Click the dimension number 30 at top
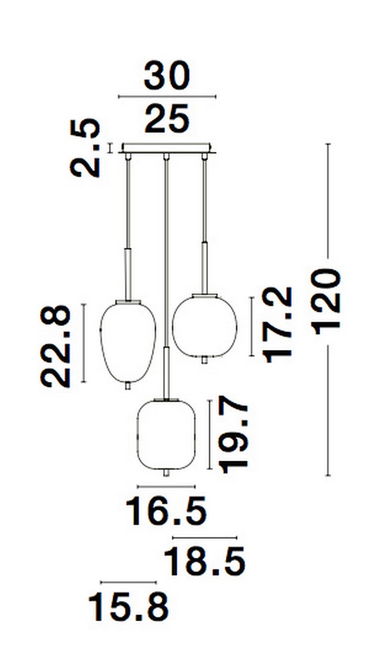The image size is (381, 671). [167, 77]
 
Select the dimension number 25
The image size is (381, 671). [167, 120]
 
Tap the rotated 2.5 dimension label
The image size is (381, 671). [86, 148]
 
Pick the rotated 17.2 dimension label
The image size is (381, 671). [279, 324]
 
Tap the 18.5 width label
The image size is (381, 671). [205, 561]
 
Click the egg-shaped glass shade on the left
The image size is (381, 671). [128, 341]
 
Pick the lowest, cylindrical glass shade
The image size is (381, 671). [166, 434]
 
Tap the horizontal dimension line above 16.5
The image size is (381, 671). [166, 486]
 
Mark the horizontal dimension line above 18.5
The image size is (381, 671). [205, 537]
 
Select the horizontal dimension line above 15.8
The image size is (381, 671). [129, 582]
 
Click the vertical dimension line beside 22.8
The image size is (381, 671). [83, 343]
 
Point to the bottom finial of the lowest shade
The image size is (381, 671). [166, 473]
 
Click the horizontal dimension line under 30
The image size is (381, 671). [167, 97]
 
